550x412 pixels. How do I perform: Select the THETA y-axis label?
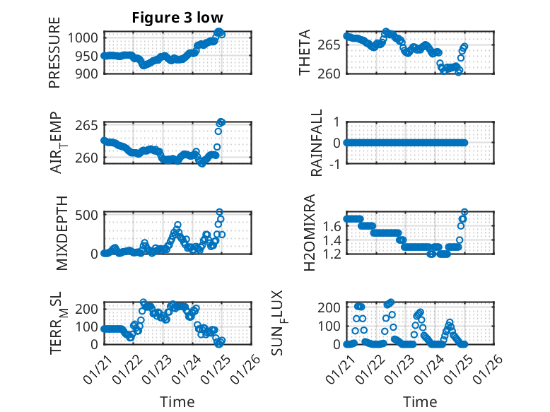click(x=305, y=52)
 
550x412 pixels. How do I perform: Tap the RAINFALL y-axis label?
click(x=317, y=143)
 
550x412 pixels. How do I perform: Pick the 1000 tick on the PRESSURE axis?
click(x=86, y=38)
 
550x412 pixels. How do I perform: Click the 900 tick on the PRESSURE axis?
click(x=89, y=73)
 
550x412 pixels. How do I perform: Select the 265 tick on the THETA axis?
click(x=332, y=45)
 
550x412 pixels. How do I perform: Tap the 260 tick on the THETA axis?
click(x=332, y=73)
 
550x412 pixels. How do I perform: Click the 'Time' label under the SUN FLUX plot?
click(x=420, y=402)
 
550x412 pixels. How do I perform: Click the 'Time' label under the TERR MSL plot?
click(x=177, y=402)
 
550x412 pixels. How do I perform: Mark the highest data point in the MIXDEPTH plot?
click(x=219, y=212)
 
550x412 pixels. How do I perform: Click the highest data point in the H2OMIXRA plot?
click(x=464, y=212)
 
